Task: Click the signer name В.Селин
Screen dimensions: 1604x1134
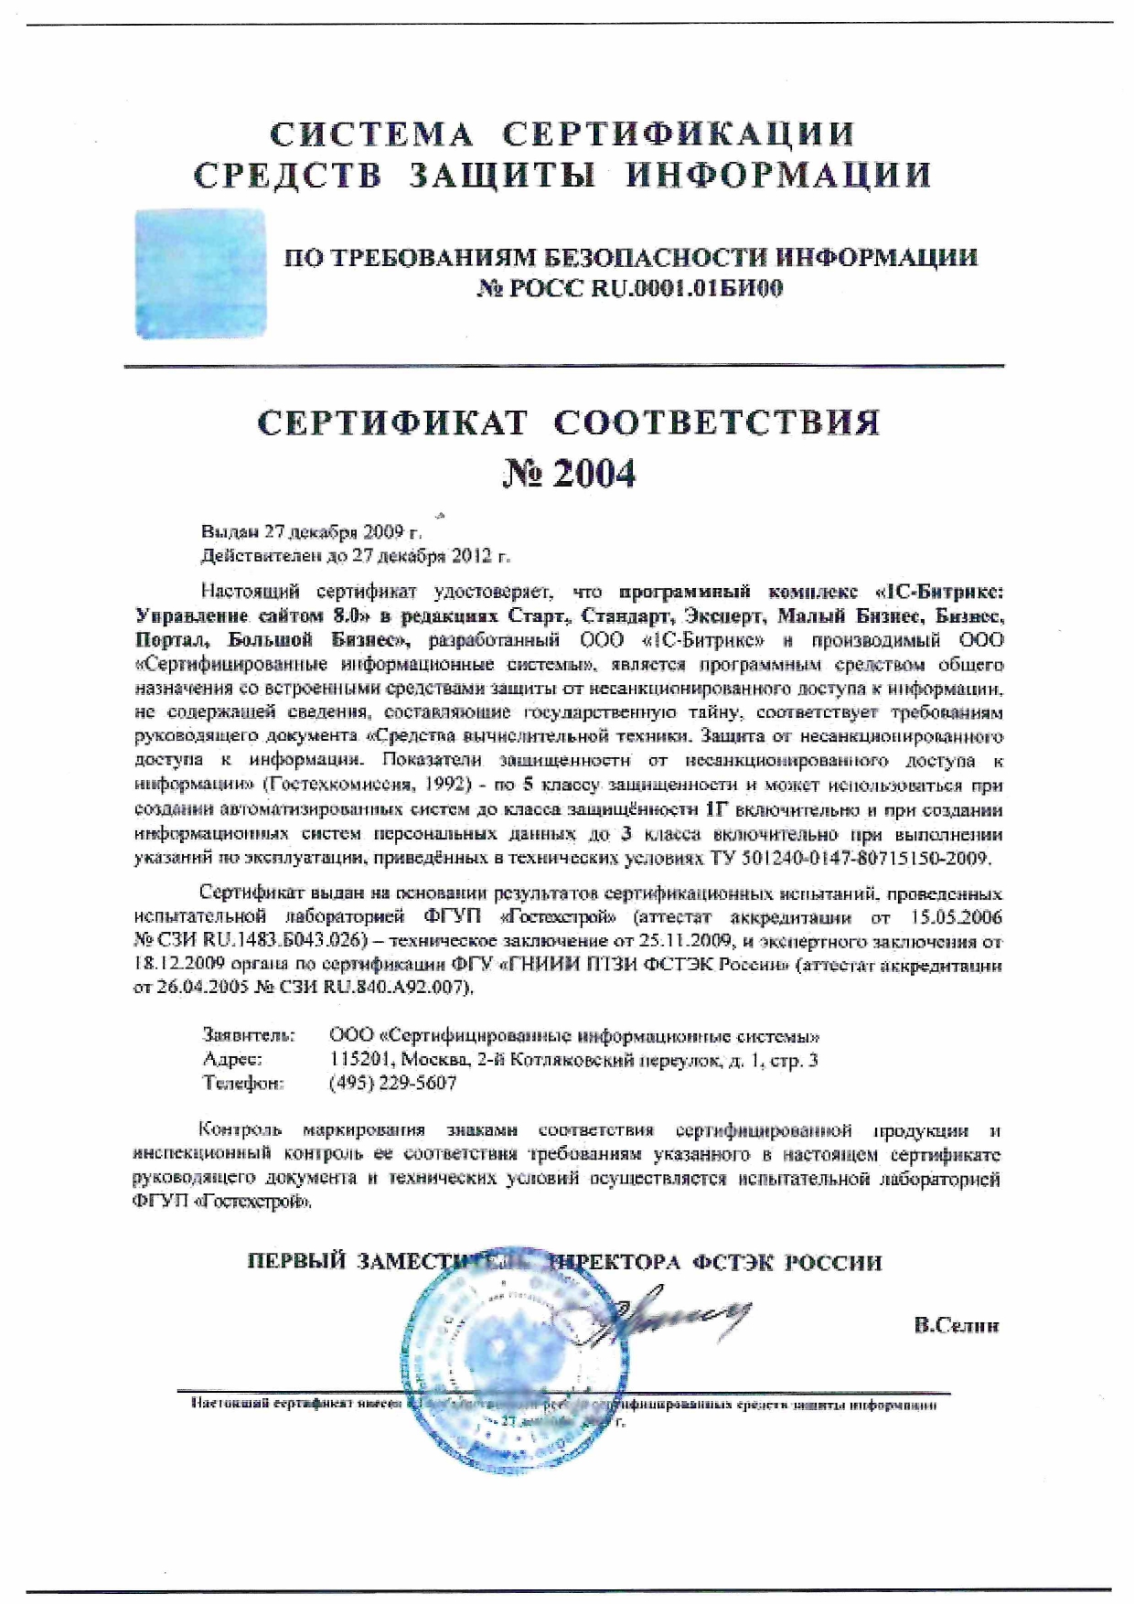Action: [956, 1325]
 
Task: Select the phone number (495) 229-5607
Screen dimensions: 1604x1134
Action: [392, 1084]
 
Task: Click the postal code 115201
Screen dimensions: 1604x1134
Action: [357, 1060]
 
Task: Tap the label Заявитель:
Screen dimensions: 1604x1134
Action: [248, 1036]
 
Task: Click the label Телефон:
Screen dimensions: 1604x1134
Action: [242, 1084]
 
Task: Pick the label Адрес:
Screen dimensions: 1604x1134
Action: [232, 1060]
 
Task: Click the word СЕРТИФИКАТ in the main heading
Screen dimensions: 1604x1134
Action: [392, 422]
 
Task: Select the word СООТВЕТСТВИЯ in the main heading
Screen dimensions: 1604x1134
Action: [717, 422]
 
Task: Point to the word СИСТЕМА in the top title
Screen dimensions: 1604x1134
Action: [371, 134]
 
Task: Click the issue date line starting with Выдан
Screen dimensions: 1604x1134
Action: [311, 531]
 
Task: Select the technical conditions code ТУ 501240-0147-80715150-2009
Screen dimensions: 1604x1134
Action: [850, 859]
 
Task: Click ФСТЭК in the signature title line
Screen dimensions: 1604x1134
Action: [733, 1263]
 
